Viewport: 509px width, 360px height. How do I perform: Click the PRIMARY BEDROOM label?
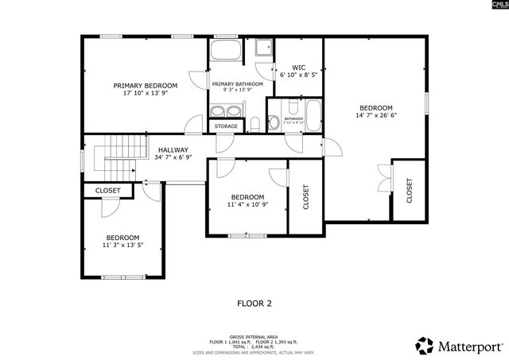(x=145, y=85)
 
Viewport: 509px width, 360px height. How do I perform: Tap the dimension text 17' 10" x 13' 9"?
(x=145, y=93)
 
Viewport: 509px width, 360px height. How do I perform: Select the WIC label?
(x=298, y=68)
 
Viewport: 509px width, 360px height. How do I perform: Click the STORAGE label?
(x=225, y=126)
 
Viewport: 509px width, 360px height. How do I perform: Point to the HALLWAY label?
(x=173, y=149)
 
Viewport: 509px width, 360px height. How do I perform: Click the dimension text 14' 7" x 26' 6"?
(x=375, y=116)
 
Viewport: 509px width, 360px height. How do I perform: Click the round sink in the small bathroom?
(x=274, y=122)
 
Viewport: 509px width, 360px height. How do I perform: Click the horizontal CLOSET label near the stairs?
(x=107, y=191)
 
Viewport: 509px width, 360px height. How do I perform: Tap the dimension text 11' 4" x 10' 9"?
(x=247, y=205)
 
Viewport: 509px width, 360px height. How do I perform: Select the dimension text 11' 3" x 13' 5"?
(x=123, y=246)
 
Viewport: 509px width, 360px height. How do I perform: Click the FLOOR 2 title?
(x=254, y=303)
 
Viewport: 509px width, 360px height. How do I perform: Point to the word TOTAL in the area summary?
(x=236, y=346)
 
